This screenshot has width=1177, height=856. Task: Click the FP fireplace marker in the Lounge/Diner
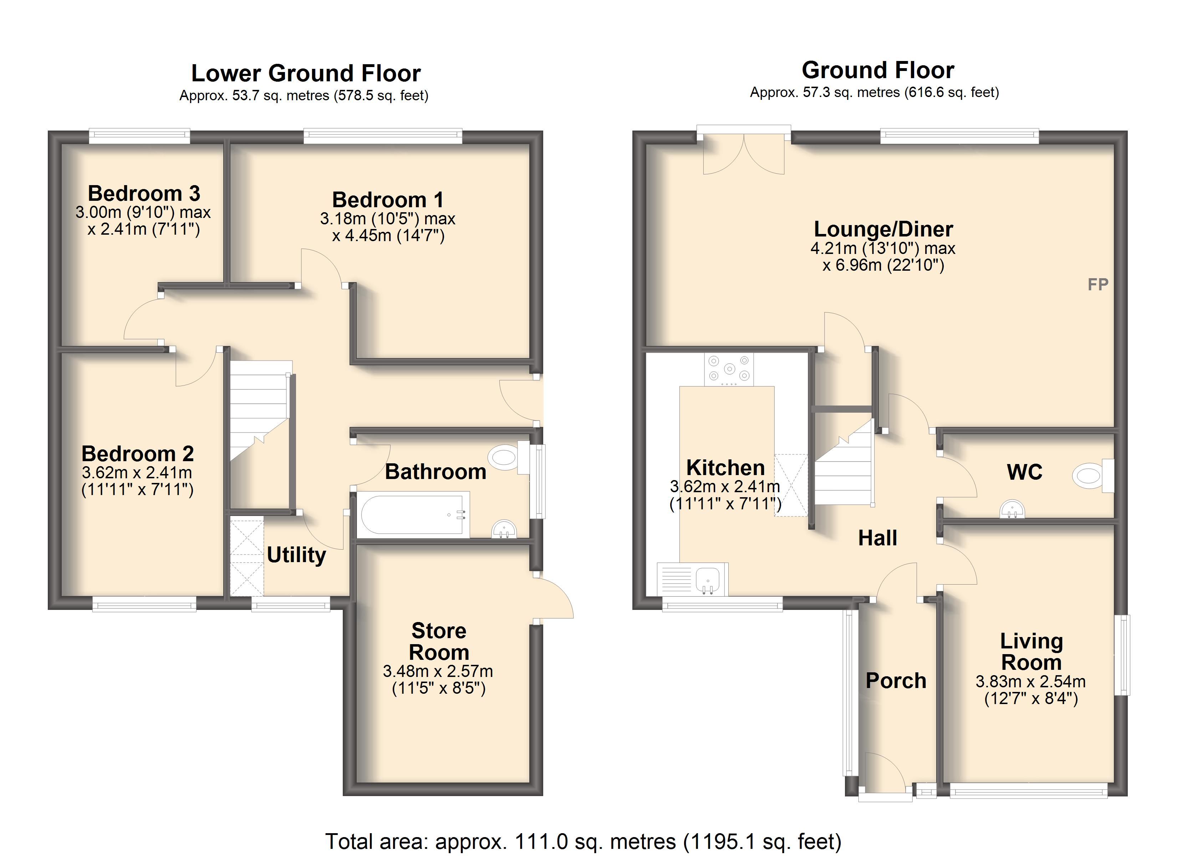click(x=1097, y=285)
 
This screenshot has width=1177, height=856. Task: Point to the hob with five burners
click(x=729, y=369)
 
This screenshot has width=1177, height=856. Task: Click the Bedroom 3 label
click(x=144, y=194)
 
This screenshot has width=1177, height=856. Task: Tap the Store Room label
click(x=439, y=642)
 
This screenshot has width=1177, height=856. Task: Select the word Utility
click(x=296, y=555)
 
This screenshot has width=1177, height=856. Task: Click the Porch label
click(x=896, y=681)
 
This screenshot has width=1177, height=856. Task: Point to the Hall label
click(x=877, y=538)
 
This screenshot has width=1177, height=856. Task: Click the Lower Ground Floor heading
click(x=306, y=73)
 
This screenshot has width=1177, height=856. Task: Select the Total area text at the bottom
click(x=583, y=841)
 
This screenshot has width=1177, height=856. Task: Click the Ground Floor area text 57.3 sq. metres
click(x=875, y=92)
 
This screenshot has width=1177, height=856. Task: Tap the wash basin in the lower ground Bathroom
click(x=503, y=529)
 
